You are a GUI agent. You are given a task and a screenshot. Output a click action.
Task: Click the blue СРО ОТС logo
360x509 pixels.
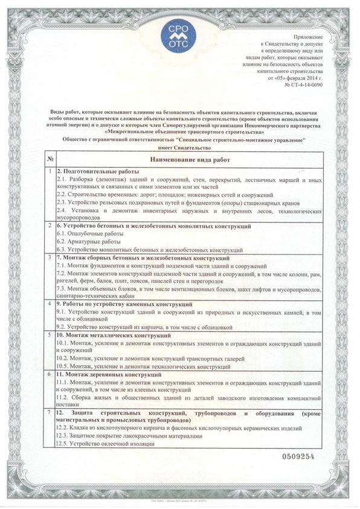point(181,34)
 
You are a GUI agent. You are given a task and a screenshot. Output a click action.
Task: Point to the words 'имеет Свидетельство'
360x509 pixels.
point(180,148)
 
